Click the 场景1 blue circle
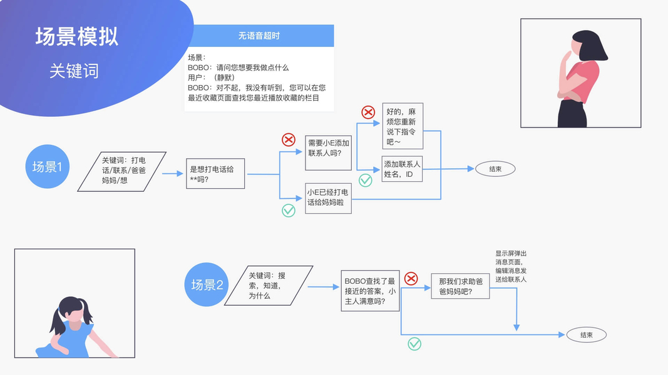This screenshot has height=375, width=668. tap(48, 166)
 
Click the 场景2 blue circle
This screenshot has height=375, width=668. tap(207, 284)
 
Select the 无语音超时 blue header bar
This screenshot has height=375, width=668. tap(259, 36)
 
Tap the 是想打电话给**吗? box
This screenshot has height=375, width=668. tap(215, 174)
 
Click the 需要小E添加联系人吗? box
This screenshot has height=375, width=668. tap(328, 153)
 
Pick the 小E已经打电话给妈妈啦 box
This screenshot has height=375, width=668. tap(328, 198)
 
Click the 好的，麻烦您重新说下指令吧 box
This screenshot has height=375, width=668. tap(403, 126)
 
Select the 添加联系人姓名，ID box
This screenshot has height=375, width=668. tap(402, 169)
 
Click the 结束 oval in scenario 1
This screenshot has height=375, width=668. tap(495, 169)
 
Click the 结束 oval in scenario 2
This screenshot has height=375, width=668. tap(586, 334)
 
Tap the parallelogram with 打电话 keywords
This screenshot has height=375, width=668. tap(122, 171)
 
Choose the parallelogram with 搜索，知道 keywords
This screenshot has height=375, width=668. tap(269, 285)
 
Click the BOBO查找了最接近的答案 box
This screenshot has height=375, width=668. tap(370, 291)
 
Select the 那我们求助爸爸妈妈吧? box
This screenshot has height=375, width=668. tap(460, 286)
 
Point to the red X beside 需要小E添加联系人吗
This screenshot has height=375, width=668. tap(289, 139)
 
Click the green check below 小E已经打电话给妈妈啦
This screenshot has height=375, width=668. tap(289, 211)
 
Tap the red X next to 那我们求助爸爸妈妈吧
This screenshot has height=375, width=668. tap(411, 279)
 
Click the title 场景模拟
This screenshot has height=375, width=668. tap(76, 37)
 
